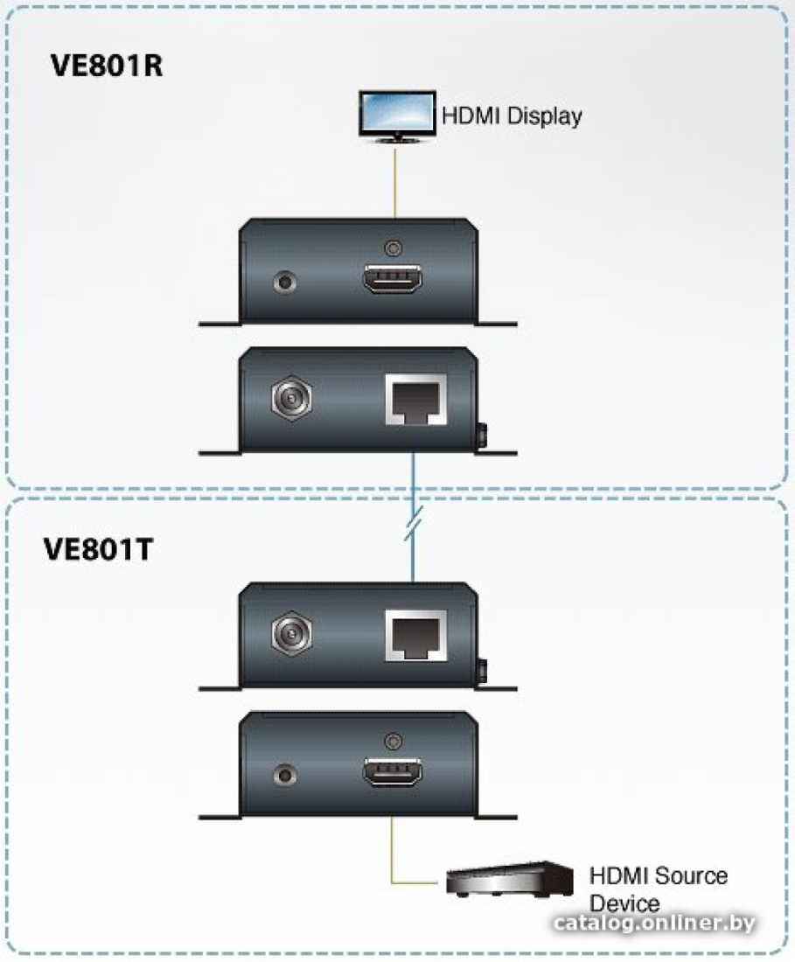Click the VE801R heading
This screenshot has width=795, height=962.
pyautogui.click(x=107, y=65)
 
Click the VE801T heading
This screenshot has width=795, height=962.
pyautogui.click(x=98, y=549)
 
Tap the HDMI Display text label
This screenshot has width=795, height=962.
pyautogui.click(x=512, y=116)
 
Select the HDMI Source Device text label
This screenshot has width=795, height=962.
pyautogui.click(x=659, y=889)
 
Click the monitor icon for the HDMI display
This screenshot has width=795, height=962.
pyautogui.click(x=397, y=116)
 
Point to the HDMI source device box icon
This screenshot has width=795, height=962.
pyautogui.click(x=510, y=879)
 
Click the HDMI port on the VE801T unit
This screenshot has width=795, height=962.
pyautogui.click(x=393, y=772)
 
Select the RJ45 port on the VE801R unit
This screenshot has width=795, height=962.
pyautogui.click(x=416, y=399)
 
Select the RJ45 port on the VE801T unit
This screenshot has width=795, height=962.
pyautogui.click(x=416, y=635)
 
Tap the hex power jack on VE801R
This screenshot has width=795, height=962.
pyautogui.click(x=291, y=398)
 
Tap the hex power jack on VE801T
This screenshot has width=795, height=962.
pyautogui.click(x=291, y=633)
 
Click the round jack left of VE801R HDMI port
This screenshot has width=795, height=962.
pyautogui.click(x=284, y=282)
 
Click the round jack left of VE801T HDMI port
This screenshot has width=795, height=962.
pyautogui.click(x=284, y=775)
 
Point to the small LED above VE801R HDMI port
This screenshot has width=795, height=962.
pyautogui.click(x=393, y=248)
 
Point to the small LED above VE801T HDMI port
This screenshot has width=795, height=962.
pyautogui.click(x=393, y=741)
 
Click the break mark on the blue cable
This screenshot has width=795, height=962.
pyautogui.click(x=414, y=523)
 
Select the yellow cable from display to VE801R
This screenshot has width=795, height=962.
pyautogui.click(x=395, y=181)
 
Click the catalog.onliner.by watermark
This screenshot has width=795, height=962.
pyautogui.click(x=654, y=923)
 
